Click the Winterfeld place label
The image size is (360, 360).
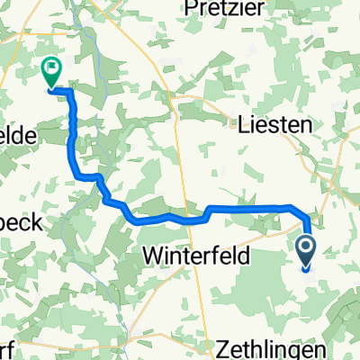(x=192, y=256)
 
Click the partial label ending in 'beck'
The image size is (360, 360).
(x=19, y=224)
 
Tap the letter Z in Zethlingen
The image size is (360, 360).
(x=224, y=347)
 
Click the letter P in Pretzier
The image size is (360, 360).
(x=191, y=9)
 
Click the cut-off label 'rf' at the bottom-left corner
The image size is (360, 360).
(x=5, y=347)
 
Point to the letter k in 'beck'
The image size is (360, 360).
(x=37, y=224)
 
